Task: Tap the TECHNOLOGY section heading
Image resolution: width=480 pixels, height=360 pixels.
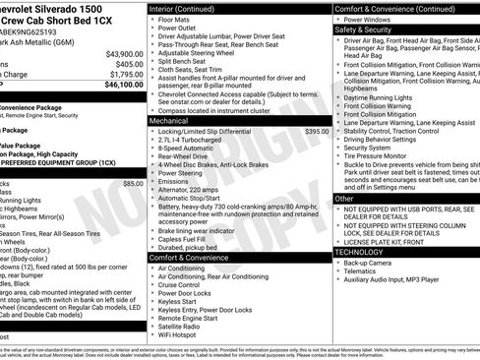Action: [x=359, y=252]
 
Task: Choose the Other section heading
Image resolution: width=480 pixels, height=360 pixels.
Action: [x=344, y=199]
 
